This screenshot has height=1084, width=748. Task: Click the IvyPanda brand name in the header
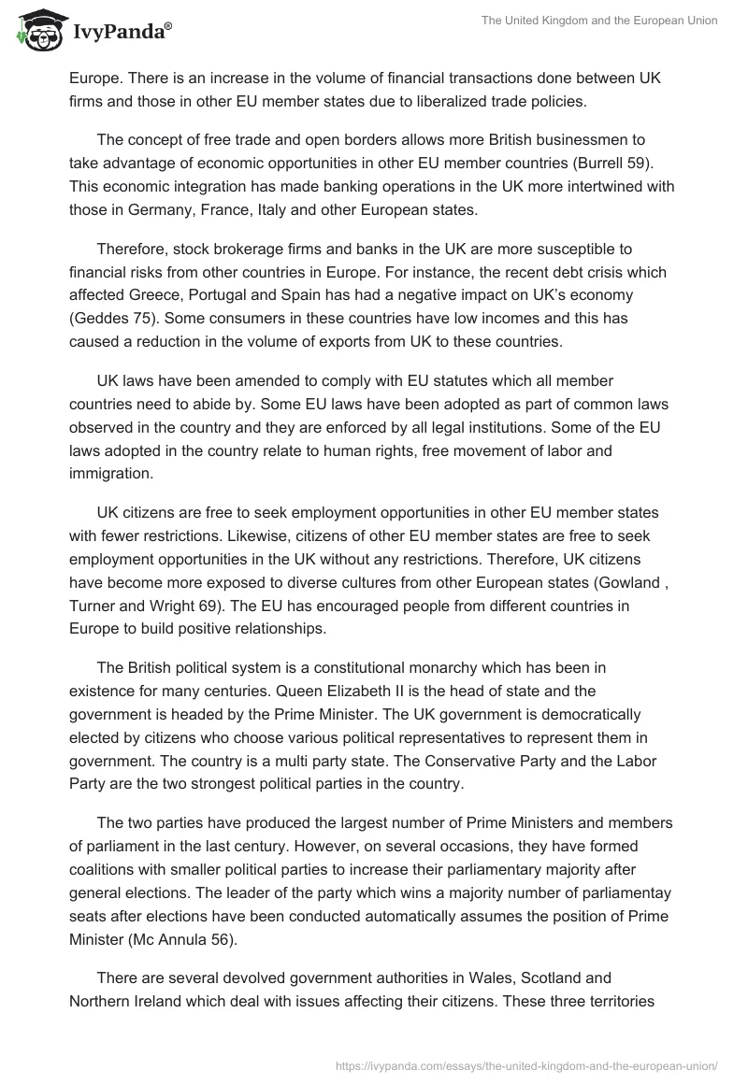(x=122, y=33)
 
